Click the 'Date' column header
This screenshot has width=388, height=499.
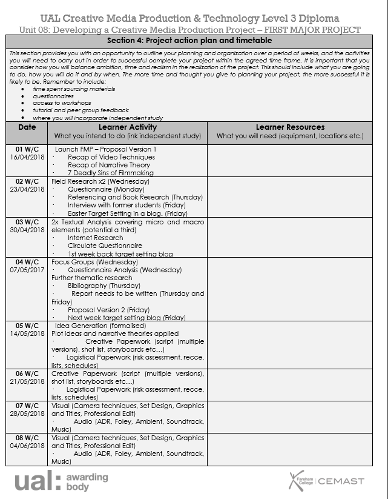coord(27,127)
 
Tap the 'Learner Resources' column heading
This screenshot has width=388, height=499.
coord(290,127)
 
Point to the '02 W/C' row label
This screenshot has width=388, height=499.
coord(27,181)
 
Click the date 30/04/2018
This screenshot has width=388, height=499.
coord(27,230)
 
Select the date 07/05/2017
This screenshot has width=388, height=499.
coord(27,270)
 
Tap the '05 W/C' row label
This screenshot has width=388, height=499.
coord(27,325)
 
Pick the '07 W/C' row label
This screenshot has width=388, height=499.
coord(27,406)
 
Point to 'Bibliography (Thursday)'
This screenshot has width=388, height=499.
coord(104,286)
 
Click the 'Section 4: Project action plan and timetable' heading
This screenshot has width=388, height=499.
coord(189,41)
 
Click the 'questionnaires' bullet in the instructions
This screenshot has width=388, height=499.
coord(53,96)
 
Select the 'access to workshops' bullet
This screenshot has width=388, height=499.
coord(59,103)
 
